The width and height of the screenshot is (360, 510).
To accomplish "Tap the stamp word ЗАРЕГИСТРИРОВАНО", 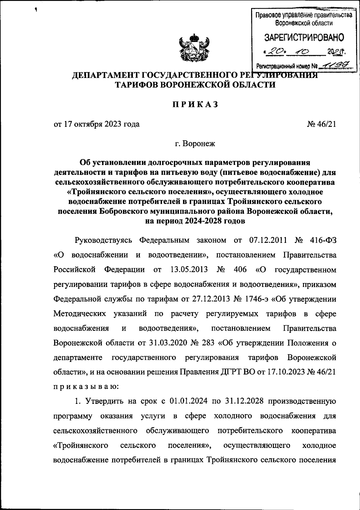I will click(x=304, y=37).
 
